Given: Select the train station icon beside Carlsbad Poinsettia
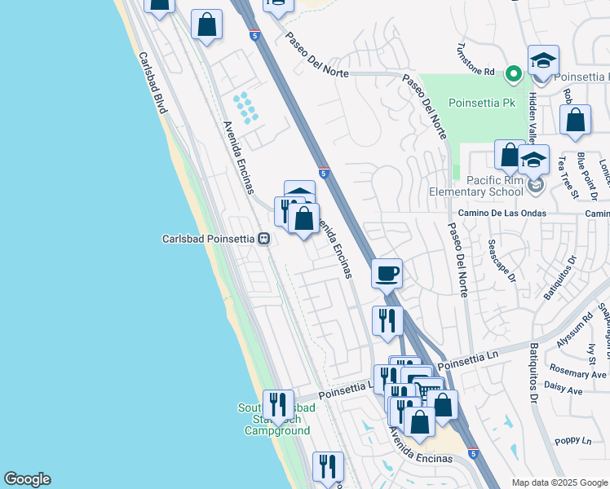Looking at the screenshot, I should [x=263, y=239].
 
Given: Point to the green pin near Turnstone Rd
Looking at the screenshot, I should [x=513, y=74].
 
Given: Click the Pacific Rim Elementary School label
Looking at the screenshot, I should [x=477, y=186].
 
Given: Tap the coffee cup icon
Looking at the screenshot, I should [x=387, y=273].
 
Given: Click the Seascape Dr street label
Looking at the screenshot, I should [x=502, y=260].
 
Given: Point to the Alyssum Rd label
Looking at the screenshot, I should [x=572, y=330].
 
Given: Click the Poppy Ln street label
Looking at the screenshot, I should [x=572, y=441].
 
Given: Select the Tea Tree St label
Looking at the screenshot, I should [x=568, y=178].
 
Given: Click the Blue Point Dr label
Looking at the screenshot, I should [x=587, y=175].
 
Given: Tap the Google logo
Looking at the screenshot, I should [x=27, y=479].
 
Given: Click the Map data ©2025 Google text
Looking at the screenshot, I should [x=559, y=482].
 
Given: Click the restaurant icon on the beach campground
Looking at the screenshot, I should [x=278, y=404].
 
